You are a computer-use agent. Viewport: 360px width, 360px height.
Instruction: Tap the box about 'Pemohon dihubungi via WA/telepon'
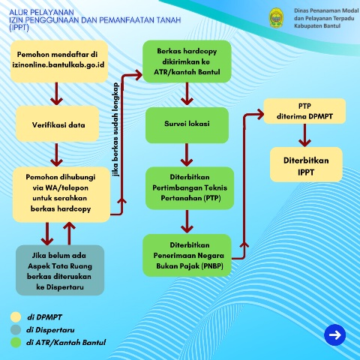pyautogui.click(x=61, y=194)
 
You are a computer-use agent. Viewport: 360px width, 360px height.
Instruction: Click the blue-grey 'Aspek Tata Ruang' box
pyautogui.click(x=58, y=269)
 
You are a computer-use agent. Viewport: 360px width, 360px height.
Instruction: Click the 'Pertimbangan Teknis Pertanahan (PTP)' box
pyautogui.click(x=186, y=187)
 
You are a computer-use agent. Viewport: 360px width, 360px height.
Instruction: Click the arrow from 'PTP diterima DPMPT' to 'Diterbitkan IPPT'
pyautogui.click(x=305, y=136)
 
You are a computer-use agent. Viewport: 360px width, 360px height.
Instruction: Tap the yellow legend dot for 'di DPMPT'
pyautogui.click(x=14, y=315)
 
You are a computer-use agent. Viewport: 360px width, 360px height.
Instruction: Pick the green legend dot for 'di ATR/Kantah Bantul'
pyautogui.click(x=14, y=342)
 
